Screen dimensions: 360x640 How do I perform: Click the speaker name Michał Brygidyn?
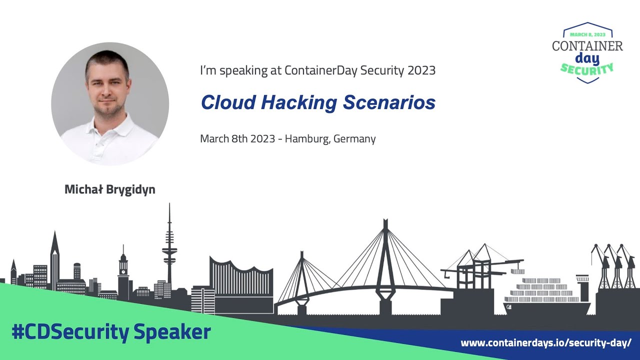[110, 190]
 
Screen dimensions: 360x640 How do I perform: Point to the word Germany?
[354, 138]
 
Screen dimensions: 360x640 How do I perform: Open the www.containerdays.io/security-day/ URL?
[546, 343]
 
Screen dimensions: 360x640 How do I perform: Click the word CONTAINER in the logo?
[587, 46]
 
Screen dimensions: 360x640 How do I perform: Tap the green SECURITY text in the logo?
[587, 68]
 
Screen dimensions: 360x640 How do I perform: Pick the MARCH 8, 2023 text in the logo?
[587, 34]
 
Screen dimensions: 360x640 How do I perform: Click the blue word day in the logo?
[587, 57]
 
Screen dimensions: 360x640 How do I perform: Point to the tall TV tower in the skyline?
[169, 250]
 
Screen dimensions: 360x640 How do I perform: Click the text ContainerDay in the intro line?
[316, 70]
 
